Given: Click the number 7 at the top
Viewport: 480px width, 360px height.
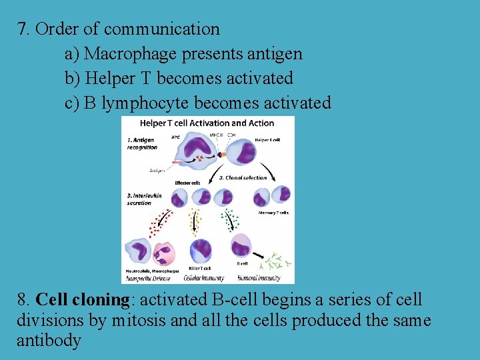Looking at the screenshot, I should coord(23,29).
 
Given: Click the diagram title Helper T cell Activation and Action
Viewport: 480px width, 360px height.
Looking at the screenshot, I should coord(207,123).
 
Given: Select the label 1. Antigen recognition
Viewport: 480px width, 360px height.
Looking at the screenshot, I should coord(141,143).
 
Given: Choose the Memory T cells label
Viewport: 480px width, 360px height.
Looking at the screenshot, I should coord(275,213).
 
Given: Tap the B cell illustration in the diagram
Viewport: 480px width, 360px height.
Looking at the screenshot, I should coord(241,247).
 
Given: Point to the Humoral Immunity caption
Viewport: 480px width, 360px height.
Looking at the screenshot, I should coord(258,278).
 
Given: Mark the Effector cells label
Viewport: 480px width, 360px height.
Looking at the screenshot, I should coord(187,182).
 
